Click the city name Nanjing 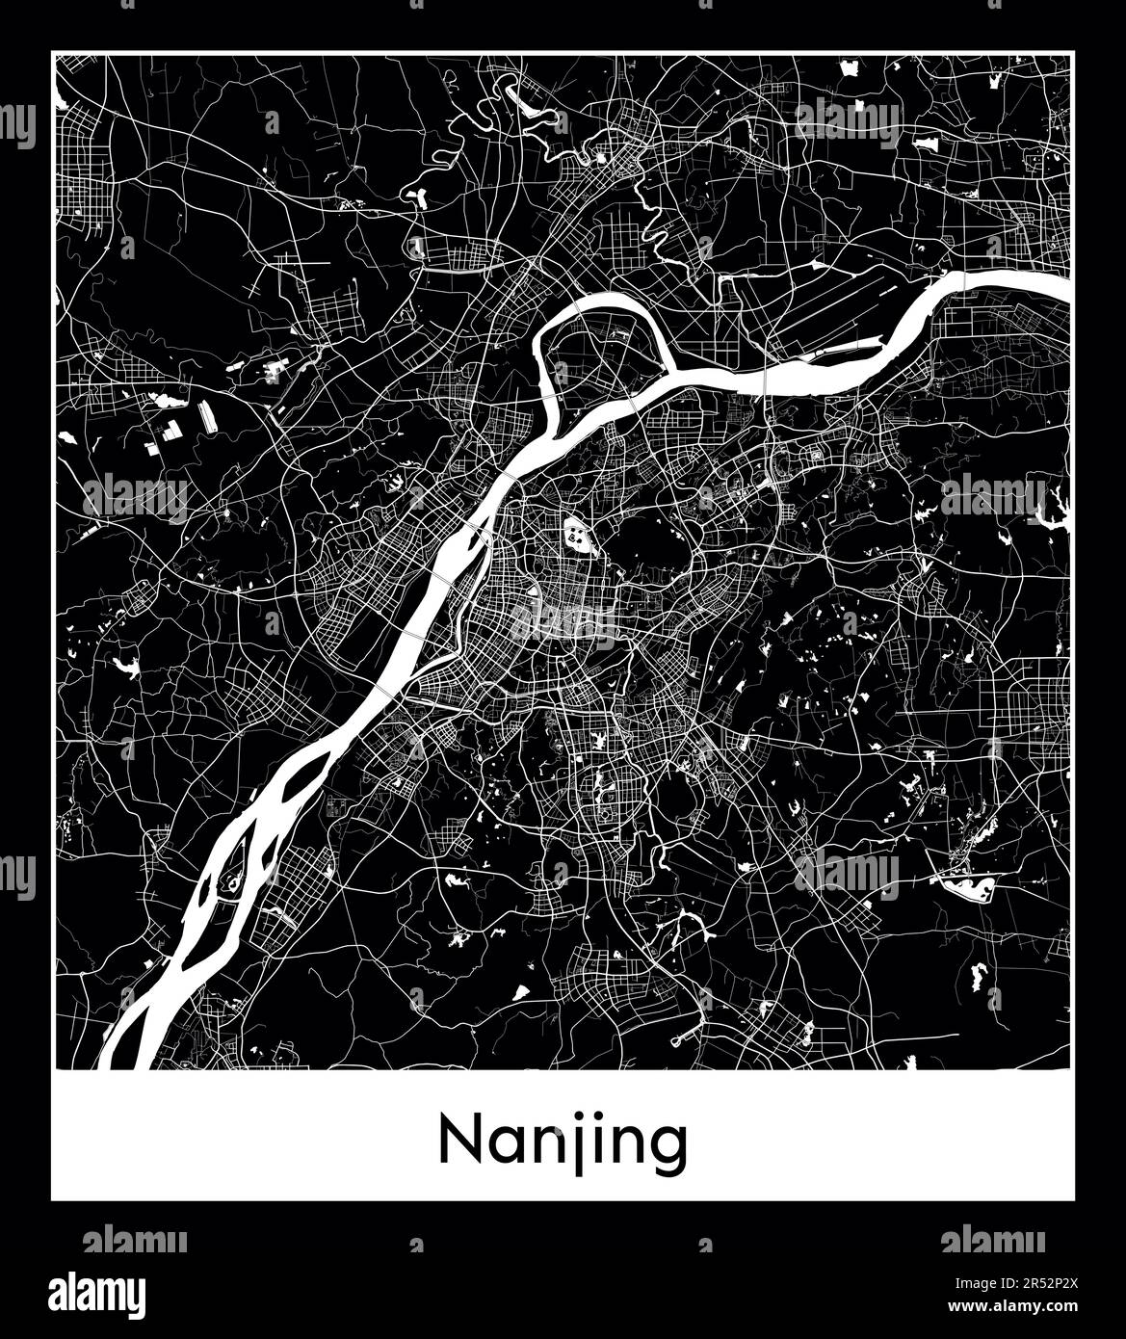pyautogui.click(x=563, y=1142)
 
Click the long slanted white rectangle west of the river pyautogui.click(x=206, y=416)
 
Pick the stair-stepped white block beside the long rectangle pyautogui.click(x=169, y=431)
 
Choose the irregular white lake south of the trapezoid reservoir pyautogui.click(x=980, y=975)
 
